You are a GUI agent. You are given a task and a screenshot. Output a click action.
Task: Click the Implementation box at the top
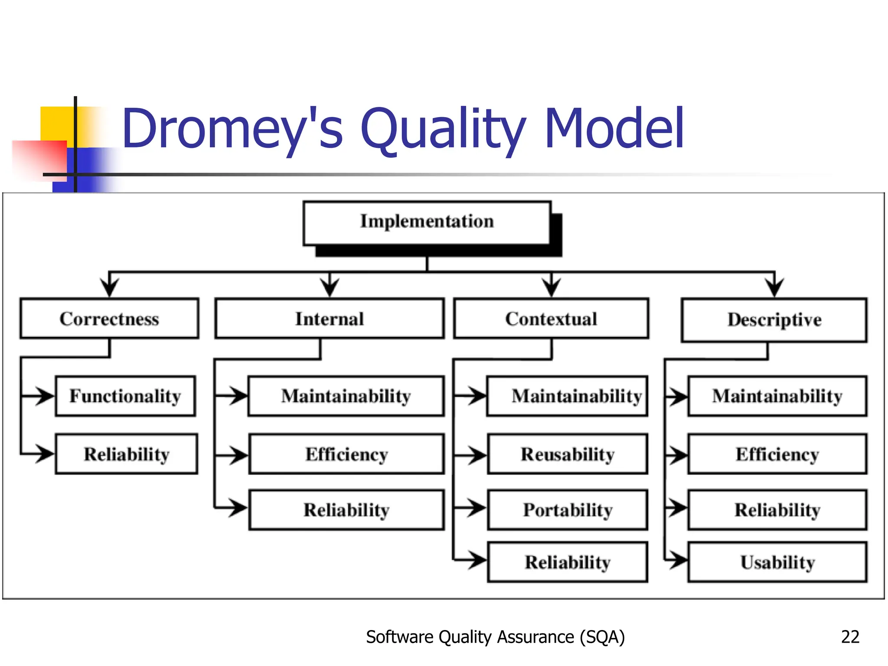point(427,222)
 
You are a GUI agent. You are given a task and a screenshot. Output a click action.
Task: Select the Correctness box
point(109,319)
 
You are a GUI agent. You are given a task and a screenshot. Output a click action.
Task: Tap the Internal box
point(330,319)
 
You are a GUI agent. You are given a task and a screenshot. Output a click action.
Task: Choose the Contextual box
point(551,319)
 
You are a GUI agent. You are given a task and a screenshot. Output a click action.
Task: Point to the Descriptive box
point(774,320)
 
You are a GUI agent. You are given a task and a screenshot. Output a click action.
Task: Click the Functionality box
point(125,396)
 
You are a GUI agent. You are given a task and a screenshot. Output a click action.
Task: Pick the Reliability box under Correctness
point(127,454)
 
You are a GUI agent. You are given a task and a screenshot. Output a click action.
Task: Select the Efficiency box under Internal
point(346,454)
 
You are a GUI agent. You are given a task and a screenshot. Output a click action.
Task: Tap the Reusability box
point(568,454)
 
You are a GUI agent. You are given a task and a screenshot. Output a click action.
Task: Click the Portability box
point(568,510)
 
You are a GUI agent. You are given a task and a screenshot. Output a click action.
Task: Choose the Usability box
point(777,562)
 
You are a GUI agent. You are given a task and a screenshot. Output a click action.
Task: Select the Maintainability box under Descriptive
point(777,396)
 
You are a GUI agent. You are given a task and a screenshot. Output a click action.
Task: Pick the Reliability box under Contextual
point(568,562)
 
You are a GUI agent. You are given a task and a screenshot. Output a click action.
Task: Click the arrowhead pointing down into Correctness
point(109,288)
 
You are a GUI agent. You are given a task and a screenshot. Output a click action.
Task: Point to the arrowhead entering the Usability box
point(677,560)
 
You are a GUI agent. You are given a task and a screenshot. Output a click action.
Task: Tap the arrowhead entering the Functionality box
point(45,396)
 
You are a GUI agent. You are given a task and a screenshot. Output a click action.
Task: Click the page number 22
point(850,637)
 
